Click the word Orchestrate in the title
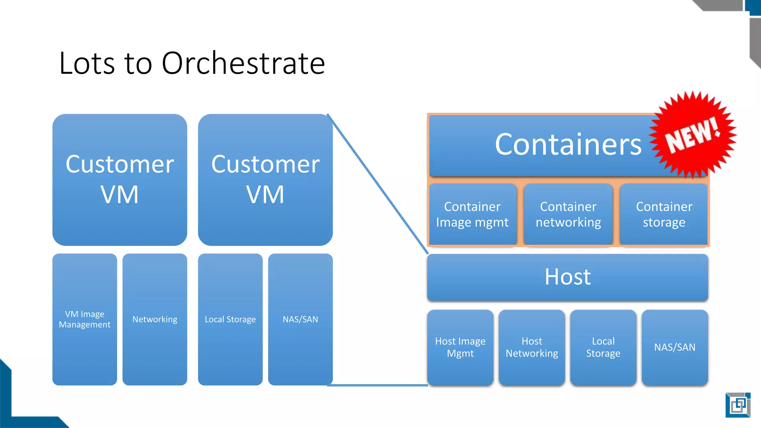pos(243,63)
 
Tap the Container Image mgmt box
pos(472,214)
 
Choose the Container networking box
pos(568,214)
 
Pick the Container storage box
pos(664,214)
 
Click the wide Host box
pos(567,277)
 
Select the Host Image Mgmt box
pos(460,347)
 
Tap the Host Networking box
pos(532,347)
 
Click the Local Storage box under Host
pos(603,347)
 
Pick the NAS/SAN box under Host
pos(675,347)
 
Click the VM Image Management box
pos(85,320)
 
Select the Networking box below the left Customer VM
pos(155,320)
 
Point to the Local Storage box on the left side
pos(230,320)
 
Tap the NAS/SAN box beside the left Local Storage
pos(300,320)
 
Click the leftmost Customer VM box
pos(120,179)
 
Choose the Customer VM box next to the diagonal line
pos(265,179)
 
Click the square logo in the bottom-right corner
pos(738,405)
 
